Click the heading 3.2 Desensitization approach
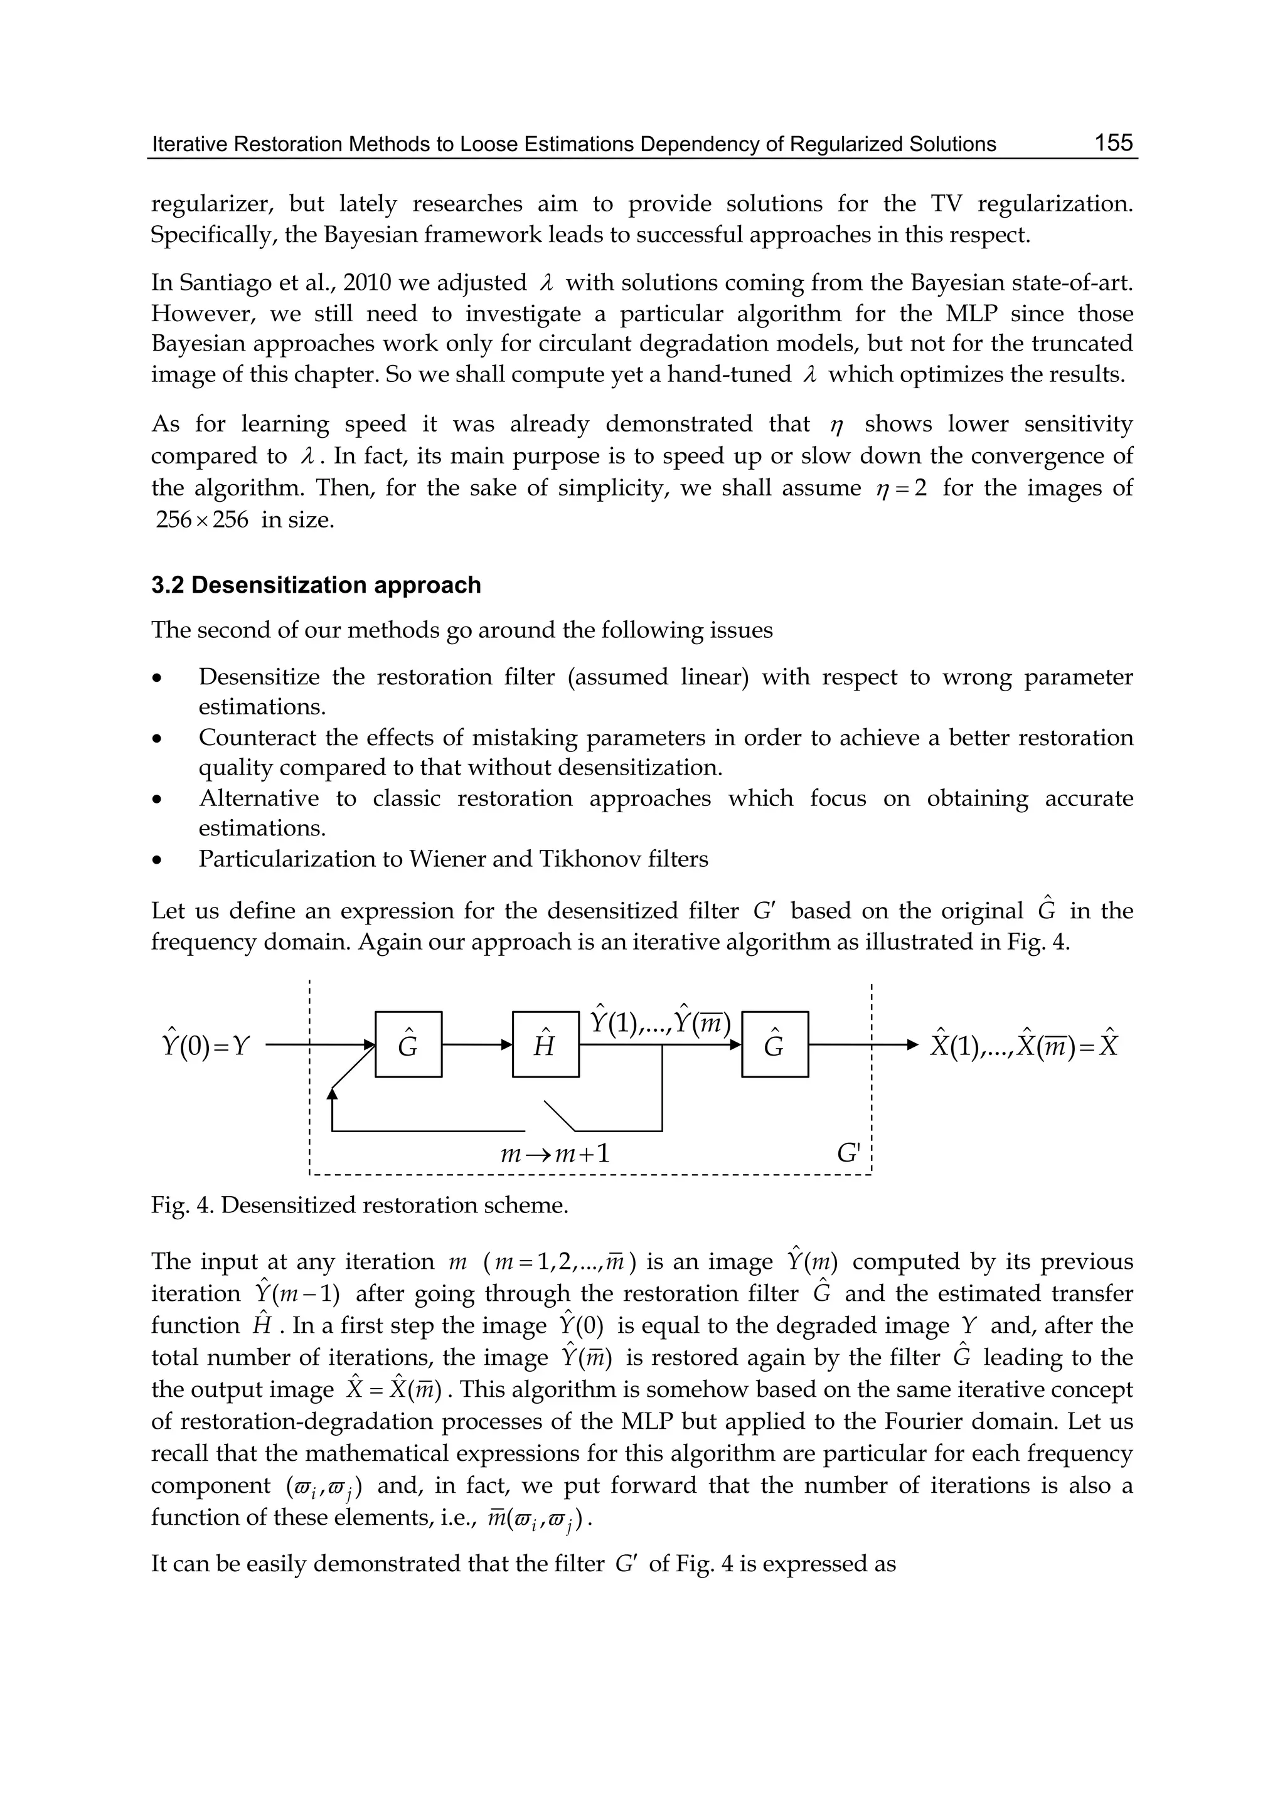tap(316, 585)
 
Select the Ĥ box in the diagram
tap(545, 1044)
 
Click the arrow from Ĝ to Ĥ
tap(476, 1045)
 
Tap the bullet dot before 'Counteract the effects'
tap(158, 739)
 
